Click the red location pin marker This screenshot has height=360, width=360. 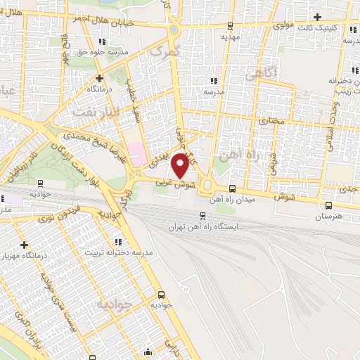pos(181,165)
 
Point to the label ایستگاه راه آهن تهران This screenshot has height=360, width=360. pos(202,228)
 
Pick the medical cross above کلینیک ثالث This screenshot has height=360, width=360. pos(318,16)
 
